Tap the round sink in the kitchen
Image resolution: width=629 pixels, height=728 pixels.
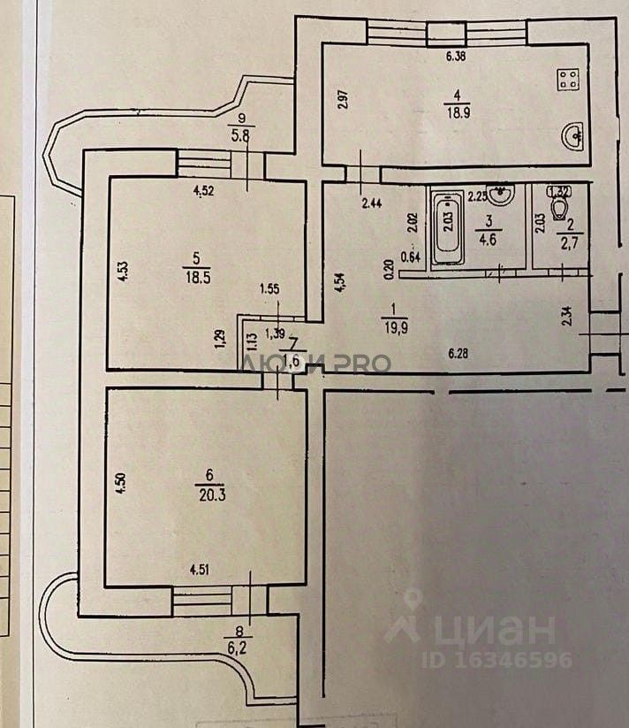point(573,135)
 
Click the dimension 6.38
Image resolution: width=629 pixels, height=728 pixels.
point(456,57)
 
